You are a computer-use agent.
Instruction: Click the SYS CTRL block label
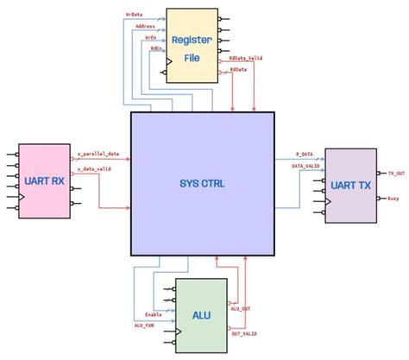coord(202,182)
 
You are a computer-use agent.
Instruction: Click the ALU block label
coord(200,315)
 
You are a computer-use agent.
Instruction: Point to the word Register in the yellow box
coord(192,40)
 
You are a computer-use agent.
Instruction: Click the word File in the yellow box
coord(192,60)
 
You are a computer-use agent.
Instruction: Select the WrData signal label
coord(136,15)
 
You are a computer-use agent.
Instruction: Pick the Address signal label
coord(145,27)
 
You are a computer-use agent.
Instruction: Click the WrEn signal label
coord(150,38)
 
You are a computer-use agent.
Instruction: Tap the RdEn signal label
coord(154,49)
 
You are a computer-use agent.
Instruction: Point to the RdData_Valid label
coord(246,58)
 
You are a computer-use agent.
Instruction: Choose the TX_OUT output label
coord(396,174)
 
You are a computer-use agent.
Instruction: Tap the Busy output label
coord(393,198)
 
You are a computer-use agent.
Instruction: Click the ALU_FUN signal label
coord(145,325)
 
